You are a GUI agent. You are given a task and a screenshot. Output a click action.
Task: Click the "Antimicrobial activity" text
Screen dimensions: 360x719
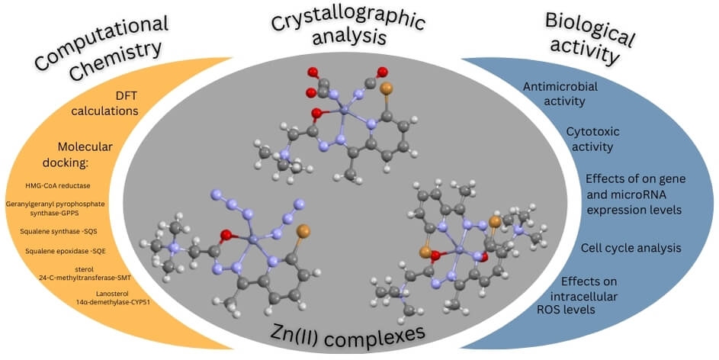coord(560,93)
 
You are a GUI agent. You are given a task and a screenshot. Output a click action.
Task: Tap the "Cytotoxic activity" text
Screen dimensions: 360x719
coord(589,139)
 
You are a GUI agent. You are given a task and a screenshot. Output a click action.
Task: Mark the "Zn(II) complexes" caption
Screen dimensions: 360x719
coord(357,333)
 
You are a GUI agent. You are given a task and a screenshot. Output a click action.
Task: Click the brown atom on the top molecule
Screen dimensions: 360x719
coord(386,88)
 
